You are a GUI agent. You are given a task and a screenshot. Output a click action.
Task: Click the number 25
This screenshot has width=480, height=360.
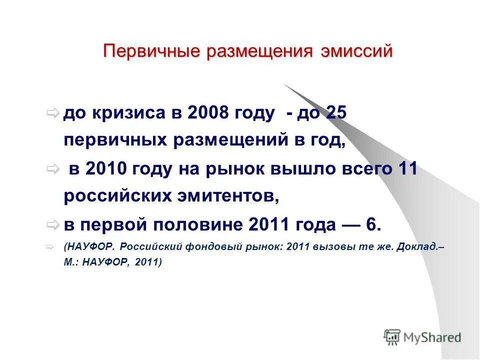click(x=336, y=113)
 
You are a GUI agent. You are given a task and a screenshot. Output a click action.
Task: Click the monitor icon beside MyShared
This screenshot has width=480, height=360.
click(x=392, y=337)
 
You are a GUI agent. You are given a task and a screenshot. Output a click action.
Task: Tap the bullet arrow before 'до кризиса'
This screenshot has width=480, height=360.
click(x=53, y=113)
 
